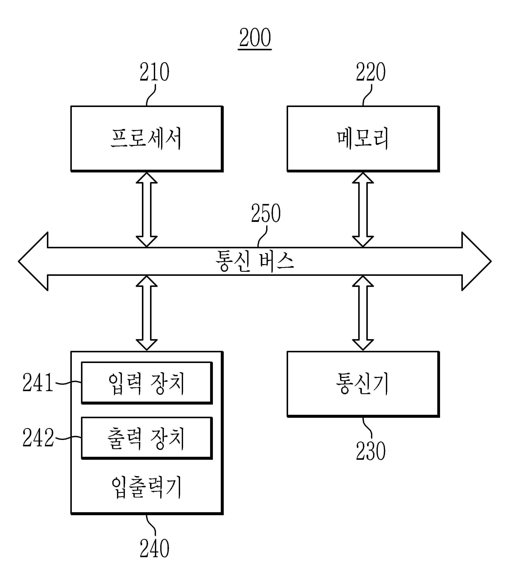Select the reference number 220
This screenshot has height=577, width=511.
click(371, 72)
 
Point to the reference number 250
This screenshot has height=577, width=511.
click(266, 213)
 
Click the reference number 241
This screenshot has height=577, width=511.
click(38, 383)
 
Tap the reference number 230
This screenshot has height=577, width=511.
click(371, 451)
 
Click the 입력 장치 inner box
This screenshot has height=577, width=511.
click(147, 383)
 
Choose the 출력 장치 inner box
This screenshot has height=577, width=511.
click(147, 438)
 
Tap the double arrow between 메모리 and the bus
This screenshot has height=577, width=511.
click(363, 210)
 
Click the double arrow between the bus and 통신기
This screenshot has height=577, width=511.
click(363, 313)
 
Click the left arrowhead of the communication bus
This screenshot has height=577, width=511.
click(33, 261)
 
